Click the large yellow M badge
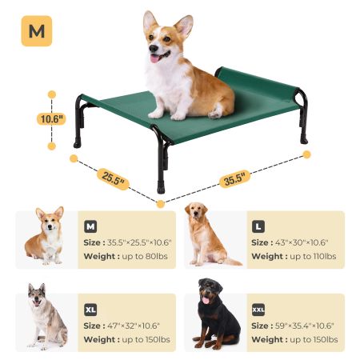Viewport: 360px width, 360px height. click(x=37, y=31)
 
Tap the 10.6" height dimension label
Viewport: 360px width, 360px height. click(x=51, y=119)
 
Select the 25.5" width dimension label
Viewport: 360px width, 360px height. click(x=113, y=178)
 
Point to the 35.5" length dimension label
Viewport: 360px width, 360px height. click(x=234, y=178)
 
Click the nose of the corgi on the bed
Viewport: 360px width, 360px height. click(x=154, y=48)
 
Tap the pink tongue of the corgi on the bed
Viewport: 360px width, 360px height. click(x=155, y=58)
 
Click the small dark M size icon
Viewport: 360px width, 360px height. click(x=90, y=226)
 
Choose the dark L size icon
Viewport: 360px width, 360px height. click(x=258, y=226)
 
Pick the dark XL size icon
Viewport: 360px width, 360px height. click(x=90, y=310)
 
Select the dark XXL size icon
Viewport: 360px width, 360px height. click(x=258, y=310)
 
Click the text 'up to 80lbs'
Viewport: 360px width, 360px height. click(x=145, y=256)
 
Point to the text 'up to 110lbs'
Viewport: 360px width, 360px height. click(x=313, y=256)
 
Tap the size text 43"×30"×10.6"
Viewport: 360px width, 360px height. click(x=302, y=242)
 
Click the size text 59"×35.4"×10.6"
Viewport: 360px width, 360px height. click(x=305, y=326)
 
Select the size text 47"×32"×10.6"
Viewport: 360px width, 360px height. click(x=134, y=326)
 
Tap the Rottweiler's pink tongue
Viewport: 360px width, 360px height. click(x=206, y=300)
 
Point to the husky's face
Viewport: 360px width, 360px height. click(x=37, y=296)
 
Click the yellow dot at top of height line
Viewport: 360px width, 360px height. click(x=52, y=94)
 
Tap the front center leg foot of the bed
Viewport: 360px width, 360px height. click(x=161, y=187)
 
